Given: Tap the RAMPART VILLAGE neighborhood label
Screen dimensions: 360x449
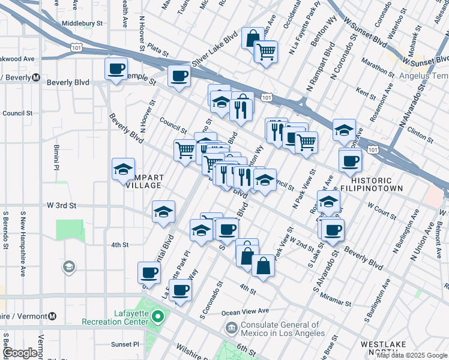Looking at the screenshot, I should [x=143, y=181].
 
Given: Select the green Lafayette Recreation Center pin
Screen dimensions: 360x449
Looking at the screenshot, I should [x=158, y=316].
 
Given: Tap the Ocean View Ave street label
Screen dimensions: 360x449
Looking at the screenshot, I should [x=245, y=311].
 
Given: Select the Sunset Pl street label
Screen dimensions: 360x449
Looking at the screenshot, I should [x=124, y=344].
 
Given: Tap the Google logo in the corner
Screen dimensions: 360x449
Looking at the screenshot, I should [x=20, y=353].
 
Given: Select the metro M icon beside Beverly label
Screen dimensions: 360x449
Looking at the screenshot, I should [x=36, y=77].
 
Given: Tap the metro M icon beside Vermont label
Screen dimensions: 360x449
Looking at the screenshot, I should [x=53, y=316].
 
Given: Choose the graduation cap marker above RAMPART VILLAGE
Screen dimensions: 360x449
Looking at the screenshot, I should [x=123, y=169].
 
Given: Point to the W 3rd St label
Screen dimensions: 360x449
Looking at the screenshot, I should [x=62, y=205].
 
